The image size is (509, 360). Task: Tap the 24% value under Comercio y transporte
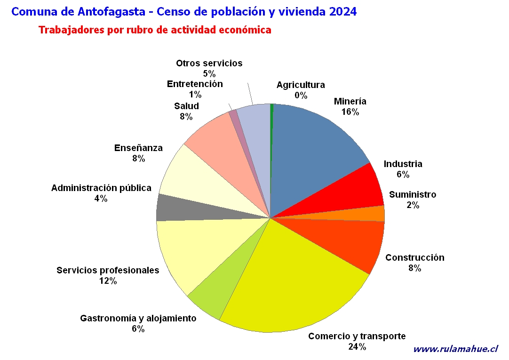[357, 347]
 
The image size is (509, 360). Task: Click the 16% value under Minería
[350, 112]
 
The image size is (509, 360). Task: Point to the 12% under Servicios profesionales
[108, 281]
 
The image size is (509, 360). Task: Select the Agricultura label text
[301, 85]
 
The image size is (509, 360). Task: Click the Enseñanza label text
[138, 148]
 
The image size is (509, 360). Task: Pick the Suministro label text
[413, 195]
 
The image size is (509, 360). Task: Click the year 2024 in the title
[343, 12]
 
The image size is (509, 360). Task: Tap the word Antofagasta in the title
[111, 12]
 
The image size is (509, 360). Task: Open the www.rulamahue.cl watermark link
[455, 349]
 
